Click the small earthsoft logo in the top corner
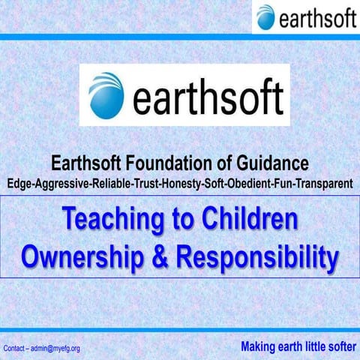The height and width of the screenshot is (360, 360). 305,16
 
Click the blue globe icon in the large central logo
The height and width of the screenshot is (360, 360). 106,95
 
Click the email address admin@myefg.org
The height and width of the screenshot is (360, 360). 57,349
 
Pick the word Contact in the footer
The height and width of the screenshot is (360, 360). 16,349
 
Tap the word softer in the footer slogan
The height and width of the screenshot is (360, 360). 338,347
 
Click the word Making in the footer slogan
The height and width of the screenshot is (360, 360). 259,347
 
